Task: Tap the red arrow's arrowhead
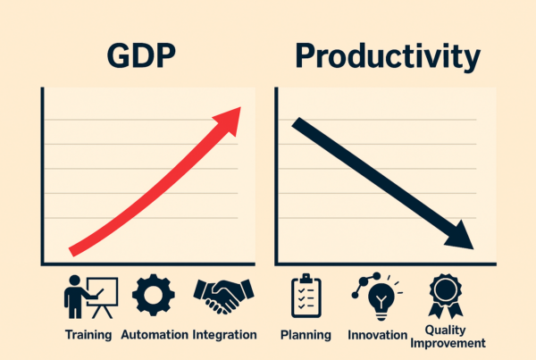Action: (230, 117)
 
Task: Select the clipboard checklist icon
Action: (306, 297)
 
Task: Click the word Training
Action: (88, 335)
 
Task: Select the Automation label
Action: (152, 335)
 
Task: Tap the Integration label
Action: (224, 335)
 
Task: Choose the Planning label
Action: (306, 335)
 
